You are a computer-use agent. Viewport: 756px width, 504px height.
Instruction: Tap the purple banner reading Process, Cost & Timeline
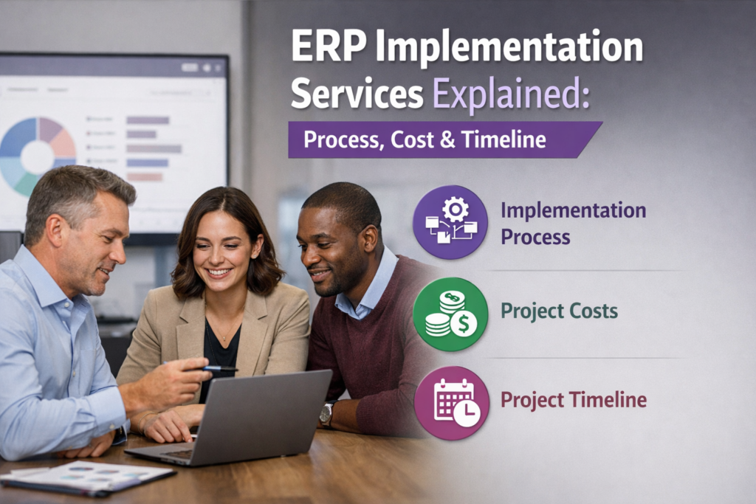(x=436, y=140)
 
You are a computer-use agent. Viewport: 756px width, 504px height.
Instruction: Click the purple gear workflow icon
(x=450, y=222)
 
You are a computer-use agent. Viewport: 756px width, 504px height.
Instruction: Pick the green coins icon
(x=450, y=314)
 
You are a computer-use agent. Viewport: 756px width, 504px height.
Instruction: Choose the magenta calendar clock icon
(x=451, y=403)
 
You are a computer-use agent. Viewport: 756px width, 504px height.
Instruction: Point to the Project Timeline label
(x=574, y=401)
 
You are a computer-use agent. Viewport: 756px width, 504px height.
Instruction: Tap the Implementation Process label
(x=573, y=223)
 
